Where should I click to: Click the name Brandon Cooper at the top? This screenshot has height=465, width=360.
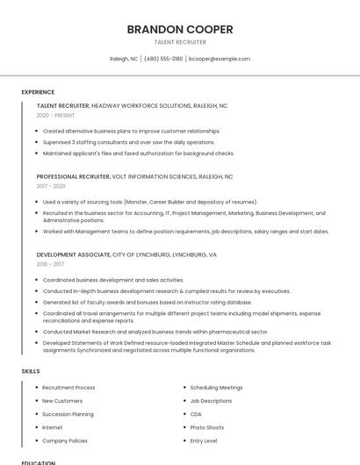[x=180, y=29]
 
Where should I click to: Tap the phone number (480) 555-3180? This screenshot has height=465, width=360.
[x=163, y=59]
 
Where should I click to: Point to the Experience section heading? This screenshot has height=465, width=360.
[x=38, y=92]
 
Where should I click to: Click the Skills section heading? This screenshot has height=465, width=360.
[x=31, y=371]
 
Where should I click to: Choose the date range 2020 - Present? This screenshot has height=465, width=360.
[x=55, y=115]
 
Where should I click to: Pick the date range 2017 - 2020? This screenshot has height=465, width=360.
[x=51, y=186]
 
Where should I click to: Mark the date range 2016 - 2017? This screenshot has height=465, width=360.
[x=50, y=263]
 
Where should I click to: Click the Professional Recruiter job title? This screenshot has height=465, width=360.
[x=75, y=176]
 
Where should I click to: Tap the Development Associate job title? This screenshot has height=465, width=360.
[x=74, y=254]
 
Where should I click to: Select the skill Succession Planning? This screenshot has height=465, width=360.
[x=68, y=414]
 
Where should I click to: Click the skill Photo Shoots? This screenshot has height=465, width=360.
[x=207, y=427]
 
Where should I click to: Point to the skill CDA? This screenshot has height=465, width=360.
[x=196, y=414]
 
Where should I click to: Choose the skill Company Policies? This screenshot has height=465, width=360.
[x=65, y=440]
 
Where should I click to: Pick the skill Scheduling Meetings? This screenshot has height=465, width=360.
[x=216, y=387]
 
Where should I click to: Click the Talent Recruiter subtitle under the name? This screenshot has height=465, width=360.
[x=180, y=42]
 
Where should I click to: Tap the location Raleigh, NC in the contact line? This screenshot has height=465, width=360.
[x=123, y=59]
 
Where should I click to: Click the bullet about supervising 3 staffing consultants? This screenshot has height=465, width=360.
[x=128, y=142]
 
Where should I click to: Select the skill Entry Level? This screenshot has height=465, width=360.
[x=204, y=440]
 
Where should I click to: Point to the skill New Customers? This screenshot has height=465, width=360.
[x=62, y=401]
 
